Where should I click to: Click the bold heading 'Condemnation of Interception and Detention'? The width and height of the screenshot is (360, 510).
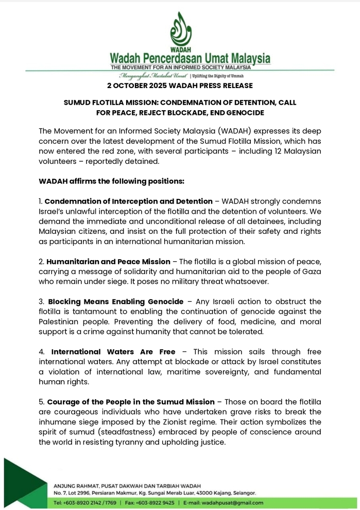pyautogui.click(x=129, y=201)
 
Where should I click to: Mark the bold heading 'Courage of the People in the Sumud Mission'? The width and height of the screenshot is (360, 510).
pyautogui.click(x=131, y=402)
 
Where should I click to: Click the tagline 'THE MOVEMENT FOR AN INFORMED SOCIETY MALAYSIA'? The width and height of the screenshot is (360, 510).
pyautogui.click(x=181, y=67)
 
